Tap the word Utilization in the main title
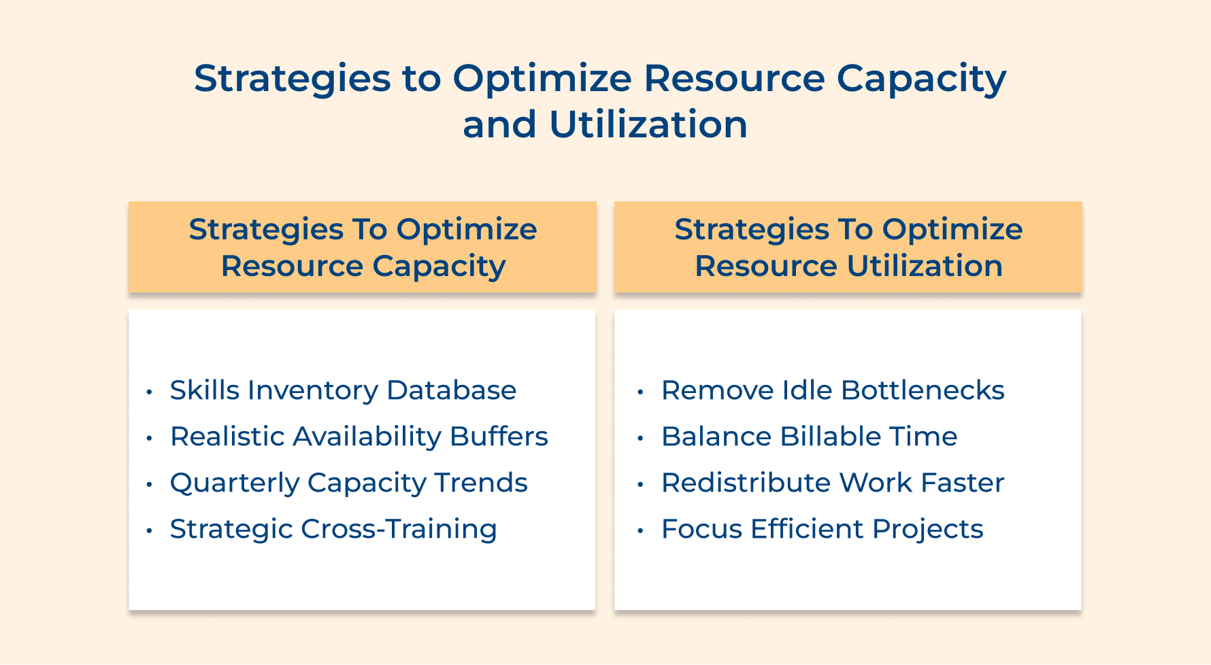[648, 125]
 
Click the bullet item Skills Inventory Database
[343, 390]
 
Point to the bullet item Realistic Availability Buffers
[359, 437]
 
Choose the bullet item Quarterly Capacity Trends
[348, 483]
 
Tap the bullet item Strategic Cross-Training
[333, 529]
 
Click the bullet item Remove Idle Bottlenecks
[833, 390]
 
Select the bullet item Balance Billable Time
[809, 437]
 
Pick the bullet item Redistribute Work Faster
[833, 483]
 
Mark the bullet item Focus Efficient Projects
[822, 529]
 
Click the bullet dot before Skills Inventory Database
[149, 392]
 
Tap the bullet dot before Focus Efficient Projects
[640, 530]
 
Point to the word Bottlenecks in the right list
[923, 390]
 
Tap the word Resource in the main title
[734, 79]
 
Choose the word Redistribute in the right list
[746, 483]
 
